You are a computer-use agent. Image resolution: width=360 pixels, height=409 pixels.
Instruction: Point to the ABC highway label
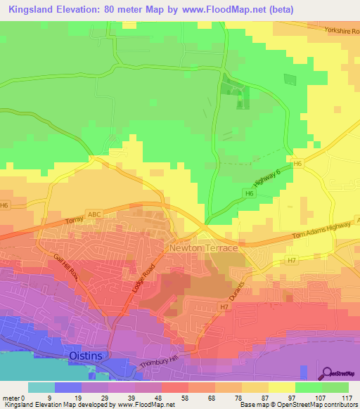click(94, 214)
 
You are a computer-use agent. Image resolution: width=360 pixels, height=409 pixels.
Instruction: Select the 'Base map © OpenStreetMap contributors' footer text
click(298, 405)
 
